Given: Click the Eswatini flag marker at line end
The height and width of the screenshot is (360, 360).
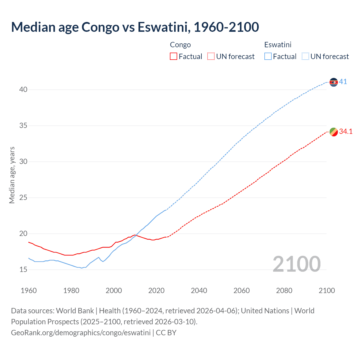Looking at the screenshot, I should [334, 82].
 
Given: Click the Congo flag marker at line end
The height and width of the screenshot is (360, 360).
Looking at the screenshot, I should [334, 132].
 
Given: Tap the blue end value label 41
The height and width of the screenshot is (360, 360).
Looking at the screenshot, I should [343, 82].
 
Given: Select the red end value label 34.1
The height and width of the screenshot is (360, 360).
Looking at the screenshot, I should [346, 131].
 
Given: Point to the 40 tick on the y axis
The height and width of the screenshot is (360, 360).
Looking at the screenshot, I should [23, 90].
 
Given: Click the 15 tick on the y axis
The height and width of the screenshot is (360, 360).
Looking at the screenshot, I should [23, 269].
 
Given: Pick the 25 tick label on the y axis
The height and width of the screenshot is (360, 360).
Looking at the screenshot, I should [23, 198].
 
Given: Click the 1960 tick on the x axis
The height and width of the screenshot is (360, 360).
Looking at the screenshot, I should [29, 291].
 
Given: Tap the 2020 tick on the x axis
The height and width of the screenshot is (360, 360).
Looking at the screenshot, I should [156, 291].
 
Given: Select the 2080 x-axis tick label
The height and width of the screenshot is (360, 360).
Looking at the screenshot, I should [284, 291].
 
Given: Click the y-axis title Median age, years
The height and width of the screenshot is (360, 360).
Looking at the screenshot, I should [12, 175].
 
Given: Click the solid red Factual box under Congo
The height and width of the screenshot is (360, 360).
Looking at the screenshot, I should [174, 57].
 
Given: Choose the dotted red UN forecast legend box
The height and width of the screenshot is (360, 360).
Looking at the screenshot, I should [211, 57].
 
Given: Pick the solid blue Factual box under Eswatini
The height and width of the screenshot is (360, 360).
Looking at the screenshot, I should [268, 57].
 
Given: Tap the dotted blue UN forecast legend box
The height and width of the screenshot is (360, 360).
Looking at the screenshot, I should [305, 57].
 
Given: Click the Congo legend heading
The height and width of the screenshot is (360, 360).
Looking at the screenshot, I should [180, 45].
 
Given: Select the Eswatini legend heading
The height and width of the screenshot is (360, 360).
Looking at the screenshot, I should [278, 45].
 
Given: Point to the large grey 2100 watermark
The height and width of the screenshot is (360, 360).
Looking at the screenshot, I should [296, 264].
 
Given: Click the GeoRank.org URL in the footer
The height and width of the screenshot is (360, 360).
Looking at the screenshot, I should [81, 332].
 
